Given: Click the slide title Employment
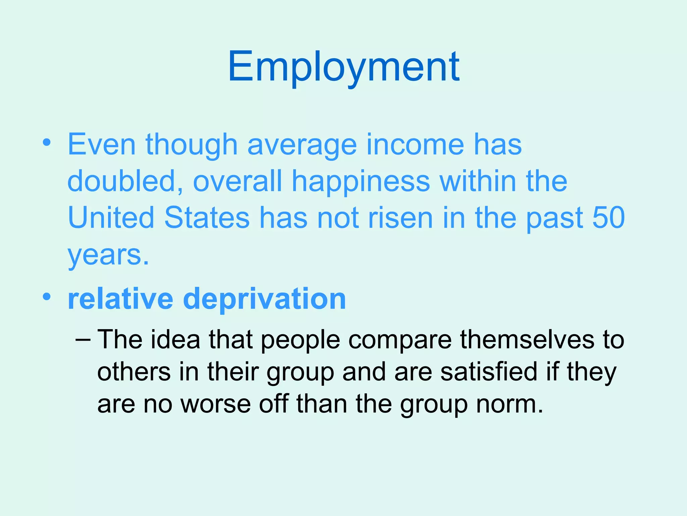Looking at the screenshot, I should [343, 67].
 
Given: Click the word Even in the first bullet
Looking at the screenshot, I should [102, 144].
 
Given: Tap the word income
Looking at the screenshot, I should [415, 144].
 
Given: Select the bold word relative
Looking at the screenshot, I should [120, 299].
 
